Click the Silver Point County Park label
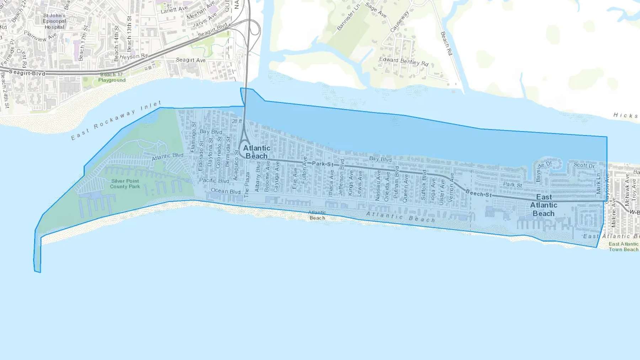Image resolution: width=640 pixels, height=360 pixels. click(x=125, y=184)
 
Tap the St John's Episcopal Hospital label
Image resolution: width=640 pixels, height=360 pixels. click(x=54, y=21)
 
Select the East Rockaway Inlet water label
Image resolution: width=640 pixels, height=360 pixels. click(x=116, y=120)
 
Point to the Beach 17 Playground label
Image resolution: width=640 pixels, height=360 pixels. click(x=112, y=77)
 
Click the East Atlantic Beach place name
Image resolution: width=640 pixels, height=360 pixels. click(x=544, y=205)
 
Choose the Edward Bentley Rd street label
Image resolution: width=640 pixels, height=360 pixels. click(x=404, y=61)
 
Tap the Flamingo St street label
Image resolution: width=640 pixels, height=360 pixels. click(x=193, y=137)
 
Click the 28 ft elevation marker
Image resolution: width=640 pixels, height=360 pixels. click(x=237, y=122)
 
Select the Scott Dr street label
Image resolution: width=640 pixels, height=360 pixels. click(x=584, y=165)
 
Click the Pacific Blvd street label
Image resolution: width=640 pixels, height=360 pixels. click(x=214, y=181)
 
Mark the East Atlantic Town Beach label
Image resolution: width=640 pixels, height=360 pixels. click(x=624, y=247)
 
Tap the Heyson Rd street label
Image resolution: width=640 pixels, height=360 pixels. click(x=134, y=57)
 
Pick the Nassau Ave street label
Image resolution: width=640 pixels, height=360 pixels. click(x=378, y=185)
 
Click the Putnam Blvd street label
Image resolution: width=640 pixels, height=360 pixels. click(x=396, y=182)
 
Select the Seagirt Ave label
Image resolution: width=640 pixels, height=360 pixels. click(x=191, y=60)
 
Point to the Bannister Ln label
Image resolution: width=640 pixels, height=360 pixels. click(x=348, y=16)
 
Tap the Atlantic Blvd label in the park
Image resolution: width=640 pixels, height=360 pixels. click(x=167, y=156)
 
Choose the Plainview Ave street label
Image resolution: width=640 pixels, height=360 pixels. click(x=41, y=36)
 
